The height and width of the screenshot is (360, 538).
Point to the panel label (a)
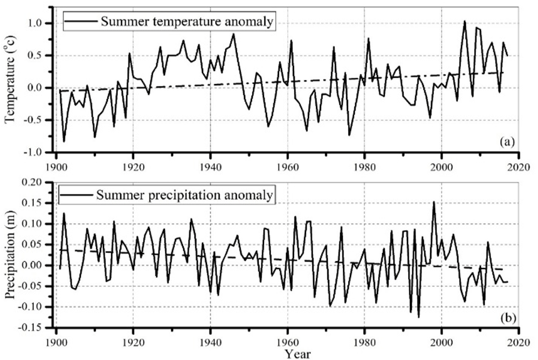507,142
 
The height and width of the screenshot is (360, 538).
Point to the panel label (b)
507,318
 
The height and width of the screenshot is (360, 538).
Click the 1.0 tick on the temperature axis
39,23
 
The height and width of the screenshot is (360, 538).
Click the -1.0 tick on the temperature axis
37,152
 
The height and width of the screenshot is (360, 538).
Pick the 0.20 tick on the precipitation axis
36,182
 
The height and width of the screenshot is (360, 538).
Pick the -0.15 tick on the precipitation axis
34,327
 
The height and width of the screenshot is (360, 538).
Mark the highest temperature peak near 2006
465,21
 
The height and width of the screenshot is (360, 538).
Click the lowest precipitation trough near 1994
418,317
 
